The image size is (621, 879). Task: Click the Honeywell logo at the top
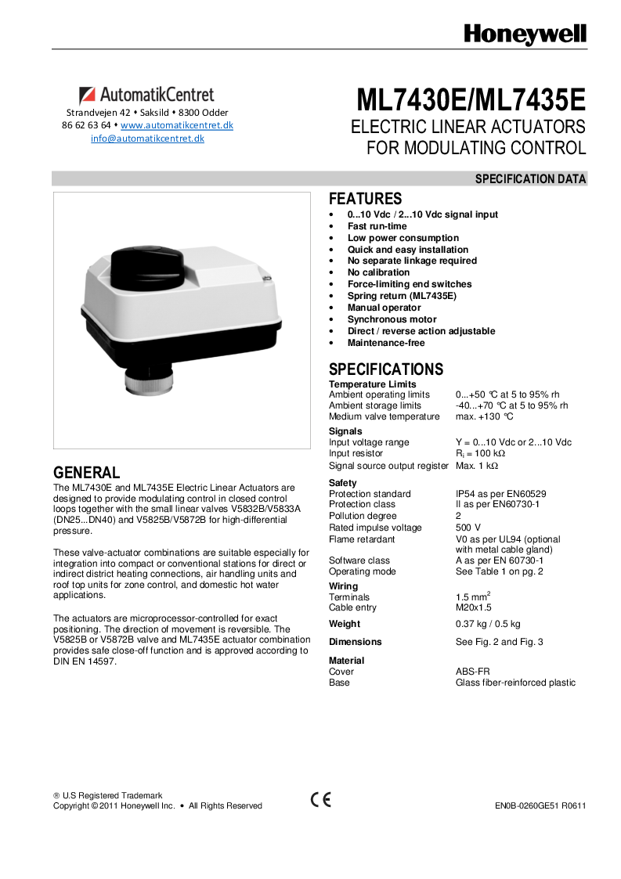(x=525, y=34)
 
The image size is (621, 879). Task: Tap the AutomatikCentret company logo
(x=146, y=95)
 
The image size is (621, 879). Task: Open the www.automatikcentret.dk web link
(x=177, y=125)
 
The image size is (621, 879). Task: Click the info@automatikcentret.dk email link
(x=147, y=139)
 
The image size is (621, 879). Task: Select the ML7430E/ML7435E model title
(x=471, y=101)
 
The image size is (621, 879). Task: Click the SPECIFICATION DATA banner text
(x=530, y=179)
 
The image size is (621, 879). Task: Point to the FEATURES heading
(x=365, y=199)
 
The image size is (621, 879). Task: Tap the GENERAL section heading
(x=86, y=473)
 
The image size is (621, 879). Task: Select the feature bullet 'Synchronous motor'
(x=392, y=319)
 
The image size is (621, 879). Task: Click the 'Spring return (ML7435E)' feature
(x=402, y=296)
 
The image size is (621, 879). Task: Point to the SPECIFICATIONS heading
(x=386, y=369)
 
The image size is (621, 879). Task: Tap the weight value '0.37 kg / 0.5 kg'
(x=488, y=624)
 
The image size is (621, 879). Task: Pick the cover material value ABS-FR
(x=472, y=672)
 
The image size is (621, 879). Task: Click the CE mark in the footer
(x=321, y=800)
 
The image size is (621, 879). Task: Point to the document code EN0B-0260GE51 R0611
(x=540, y=805)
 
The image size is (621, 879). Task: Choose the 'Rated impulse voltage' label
(x=375, y=528)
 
